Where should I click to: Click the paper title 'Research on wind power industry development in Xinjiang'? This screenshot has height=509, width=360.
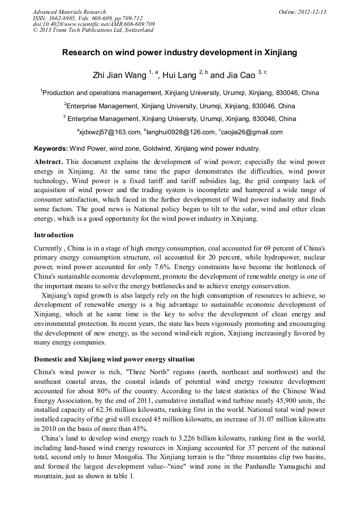tap(179, 53)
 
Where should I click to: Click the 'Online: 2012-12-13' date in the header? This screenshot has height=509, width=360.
tap(302, 12)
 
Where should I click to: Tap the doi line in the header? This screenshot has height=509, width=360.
tap(94, 24)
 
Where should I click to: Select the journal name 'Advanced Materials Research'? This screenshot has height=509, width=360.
tap(69, 12)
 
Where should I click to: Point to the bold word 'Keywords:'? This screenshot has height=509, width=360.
tap(51, 149)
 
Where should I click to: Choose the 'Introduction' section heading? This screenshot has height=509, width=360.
tap(54, 235)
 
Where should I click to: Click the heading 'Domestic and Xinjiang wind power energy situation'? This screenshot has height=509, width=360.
tap(114, 359)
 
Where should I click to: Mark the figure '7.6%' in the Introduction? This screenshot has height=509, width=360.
tap(158, 267)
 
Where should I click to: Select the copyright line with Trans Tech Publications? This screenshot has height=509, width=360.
tap(93, 30)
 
